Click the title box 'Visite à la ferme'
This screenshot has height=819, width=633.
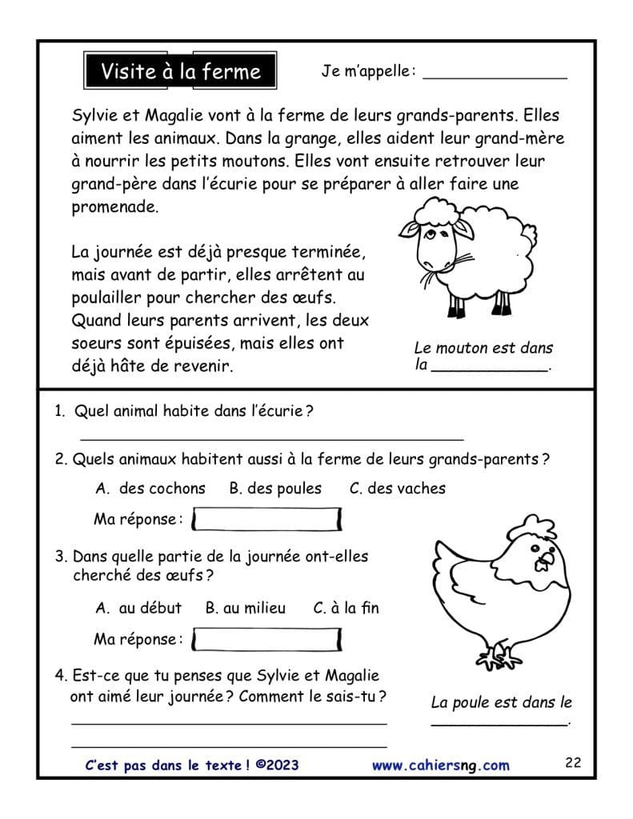click(x=180, y=72)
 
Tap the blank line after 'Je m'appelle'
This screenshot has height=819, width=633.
click(x=495, y=77)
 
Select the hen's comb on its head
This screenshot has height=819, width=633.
click(x=535, y=526)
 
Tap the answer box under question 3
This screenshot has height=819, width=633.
click(x=267, y=639)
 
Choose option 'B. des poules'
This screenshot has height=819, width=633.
click(x=275, y=488)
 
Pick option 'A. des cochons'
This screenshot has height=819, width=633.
click(x=150, y=488)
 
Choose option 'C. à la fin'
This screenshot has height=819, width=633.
click(x=346, y=608)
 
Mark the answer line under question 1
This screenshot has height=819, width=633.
click(x=272, y=438)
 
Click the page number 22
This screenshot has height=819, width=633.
click(x=572, y=762)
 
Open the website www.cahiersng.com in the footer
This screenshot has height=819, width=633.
click(x=440, y=765)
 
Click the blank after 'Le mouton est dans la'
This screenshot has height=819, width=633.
click(x=490, y=368)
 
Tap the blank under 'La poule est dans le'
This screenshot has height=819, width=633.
click(x=499, y=723)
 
